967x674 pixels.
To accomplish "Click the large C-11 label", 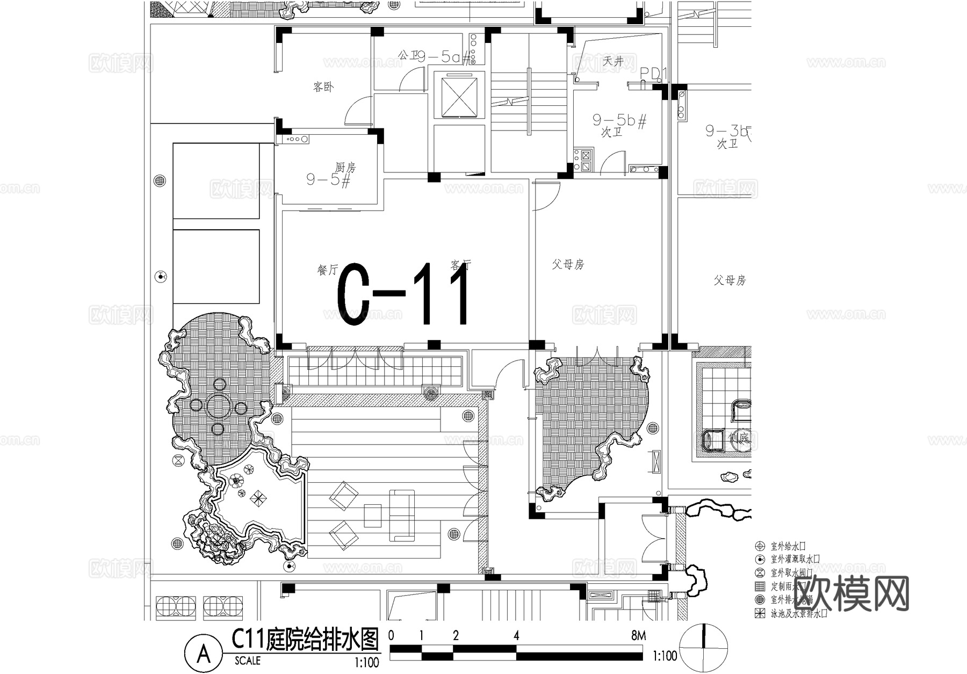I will (403, 294).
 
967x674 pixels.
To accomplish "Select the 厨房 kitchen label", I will (345, 167).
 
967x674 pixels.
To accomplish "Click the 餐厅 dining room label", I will (327, 270).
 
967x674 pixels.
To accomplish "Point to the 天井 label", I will (613, 61).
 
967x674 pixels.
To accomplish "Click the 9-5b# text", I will (619, 120).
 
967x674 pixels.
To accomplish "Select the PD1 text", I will (652, 74).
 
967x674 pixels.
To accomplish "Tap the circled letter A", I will (204, 654).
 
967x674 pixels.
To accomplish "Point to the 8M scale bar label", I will (638, 636).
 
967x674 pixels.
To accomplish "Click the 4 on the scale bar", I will (516, 636).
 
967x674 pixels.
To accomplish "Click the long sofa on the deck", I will (402, 514).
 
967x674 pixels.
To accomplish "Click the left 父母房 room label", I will (568, 264).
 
